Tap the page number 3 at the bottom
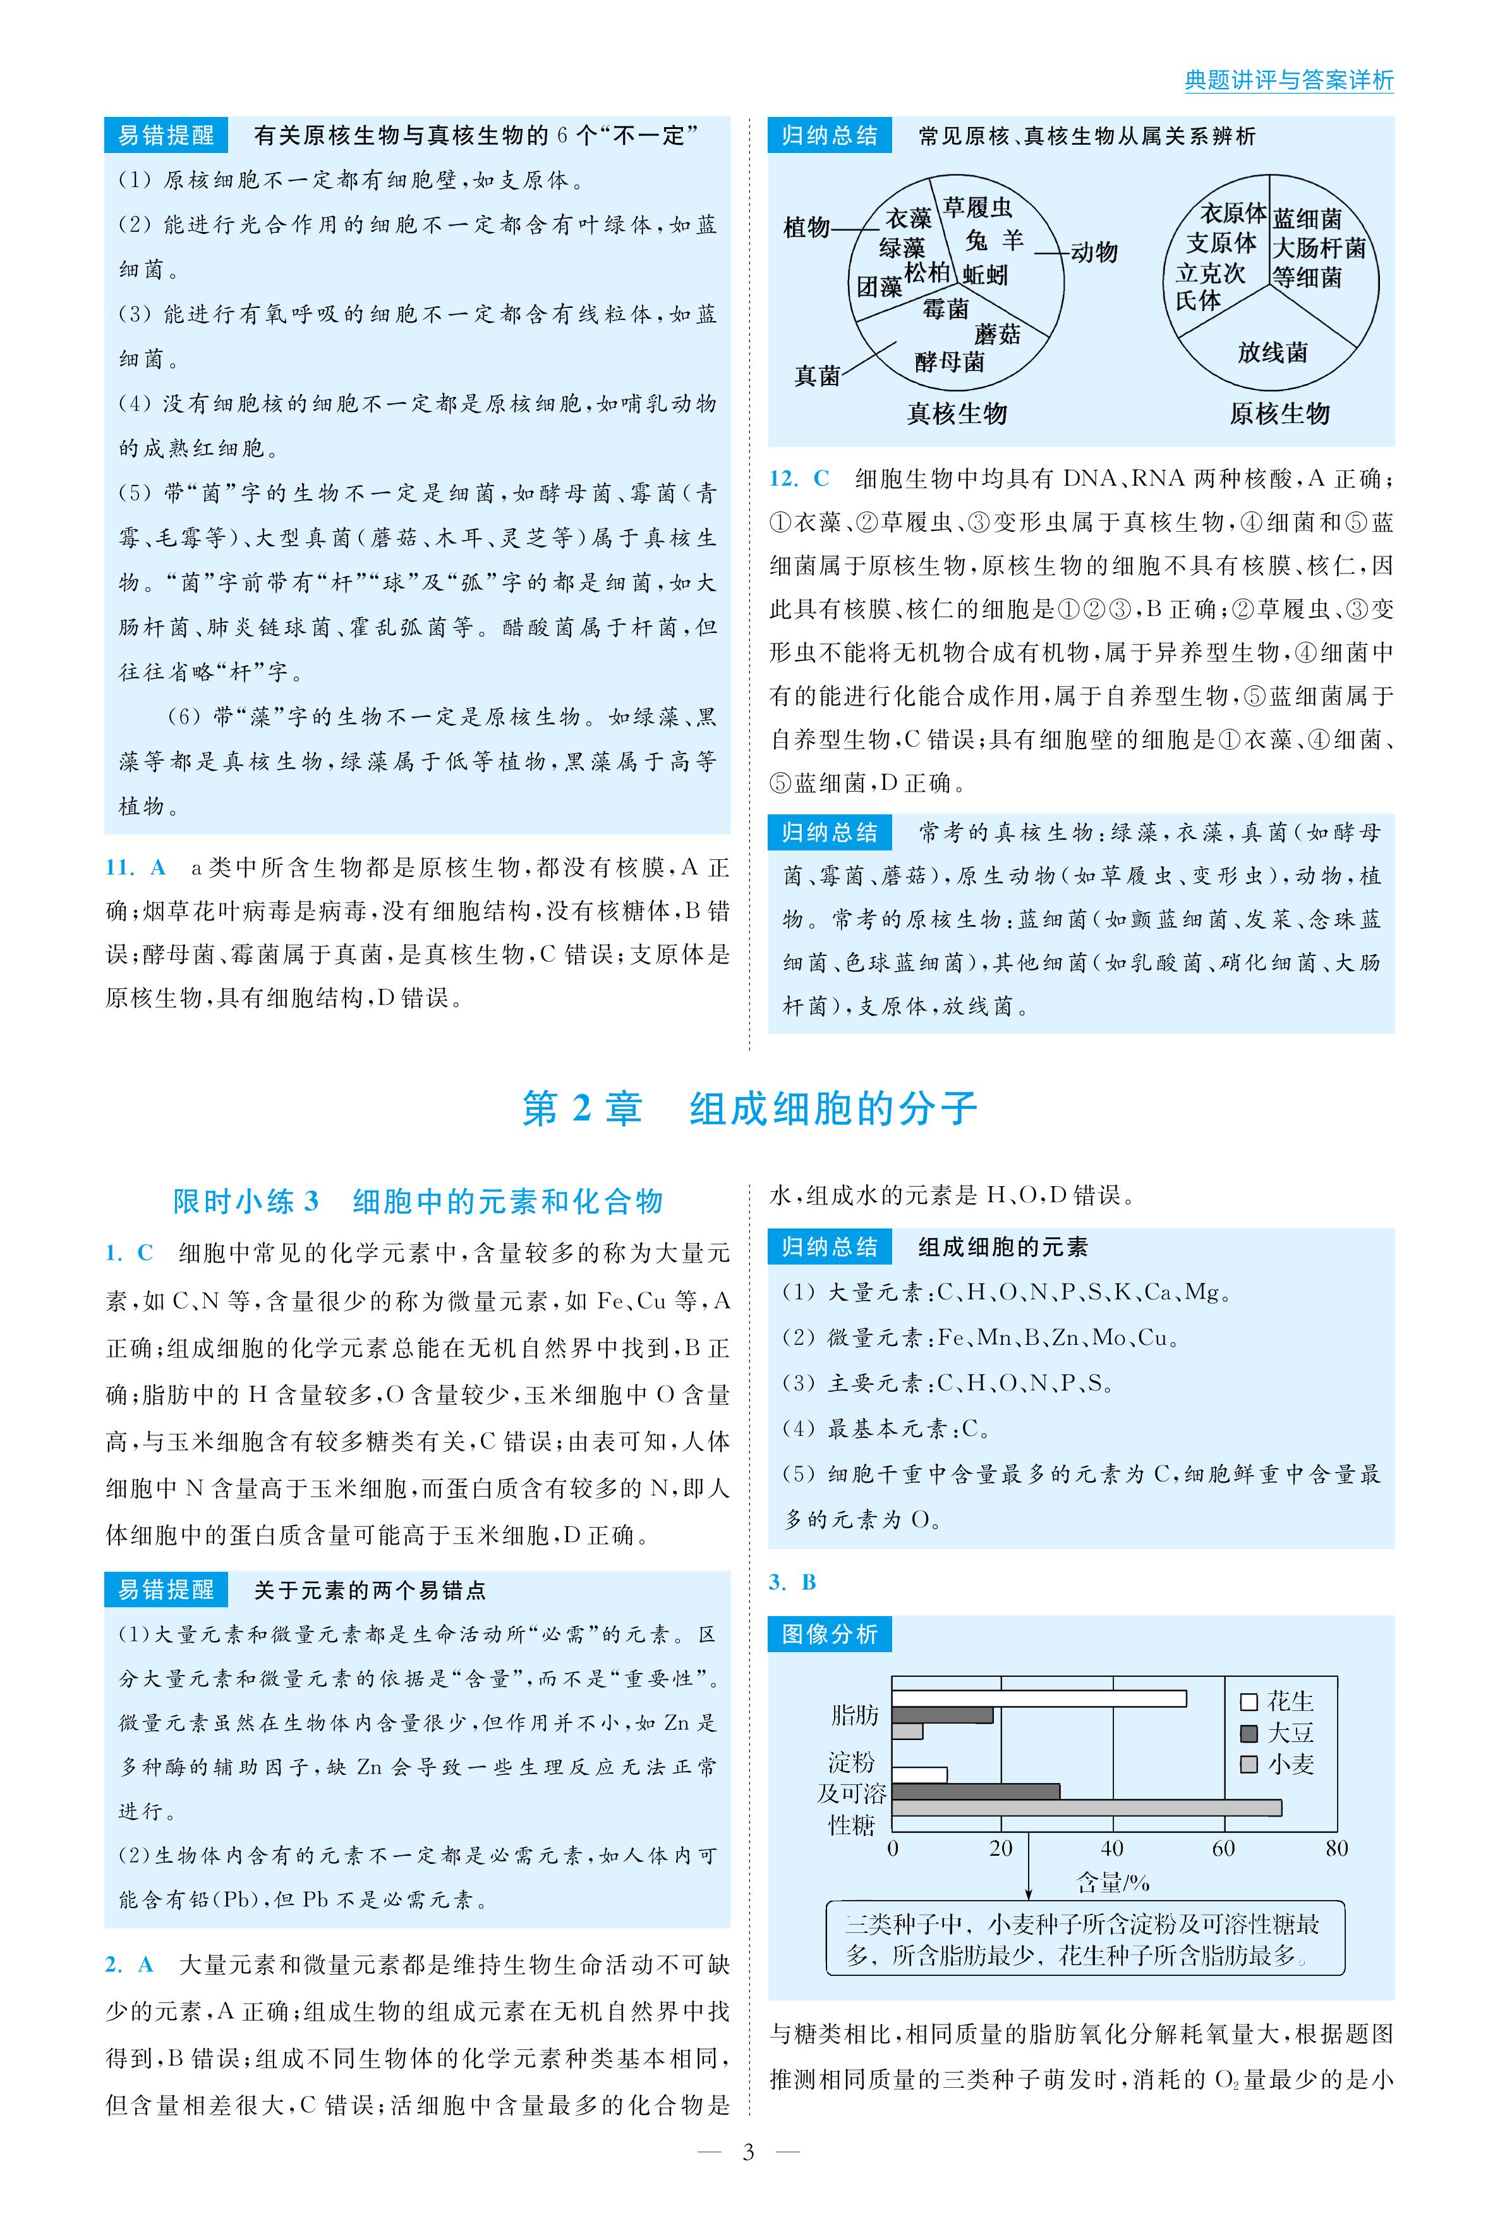[749, 2152]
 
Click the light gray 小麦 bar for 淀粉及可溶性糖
[1086, 1808]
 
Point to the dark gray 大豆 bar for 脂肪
[942, 1715]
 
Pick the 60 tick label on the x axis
[1223, 1848]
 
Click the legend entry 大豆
[1278, 1733]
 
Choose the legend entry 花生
[1278, 1701]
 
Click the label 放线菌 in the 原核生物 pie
[1273, 353]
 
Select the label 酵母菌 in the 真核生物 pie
[949, 362]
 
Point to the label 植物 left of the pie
[806, 227]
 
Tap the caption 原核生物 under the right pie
[1279, 414]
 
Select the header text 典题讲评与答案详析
[1288, 80]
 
